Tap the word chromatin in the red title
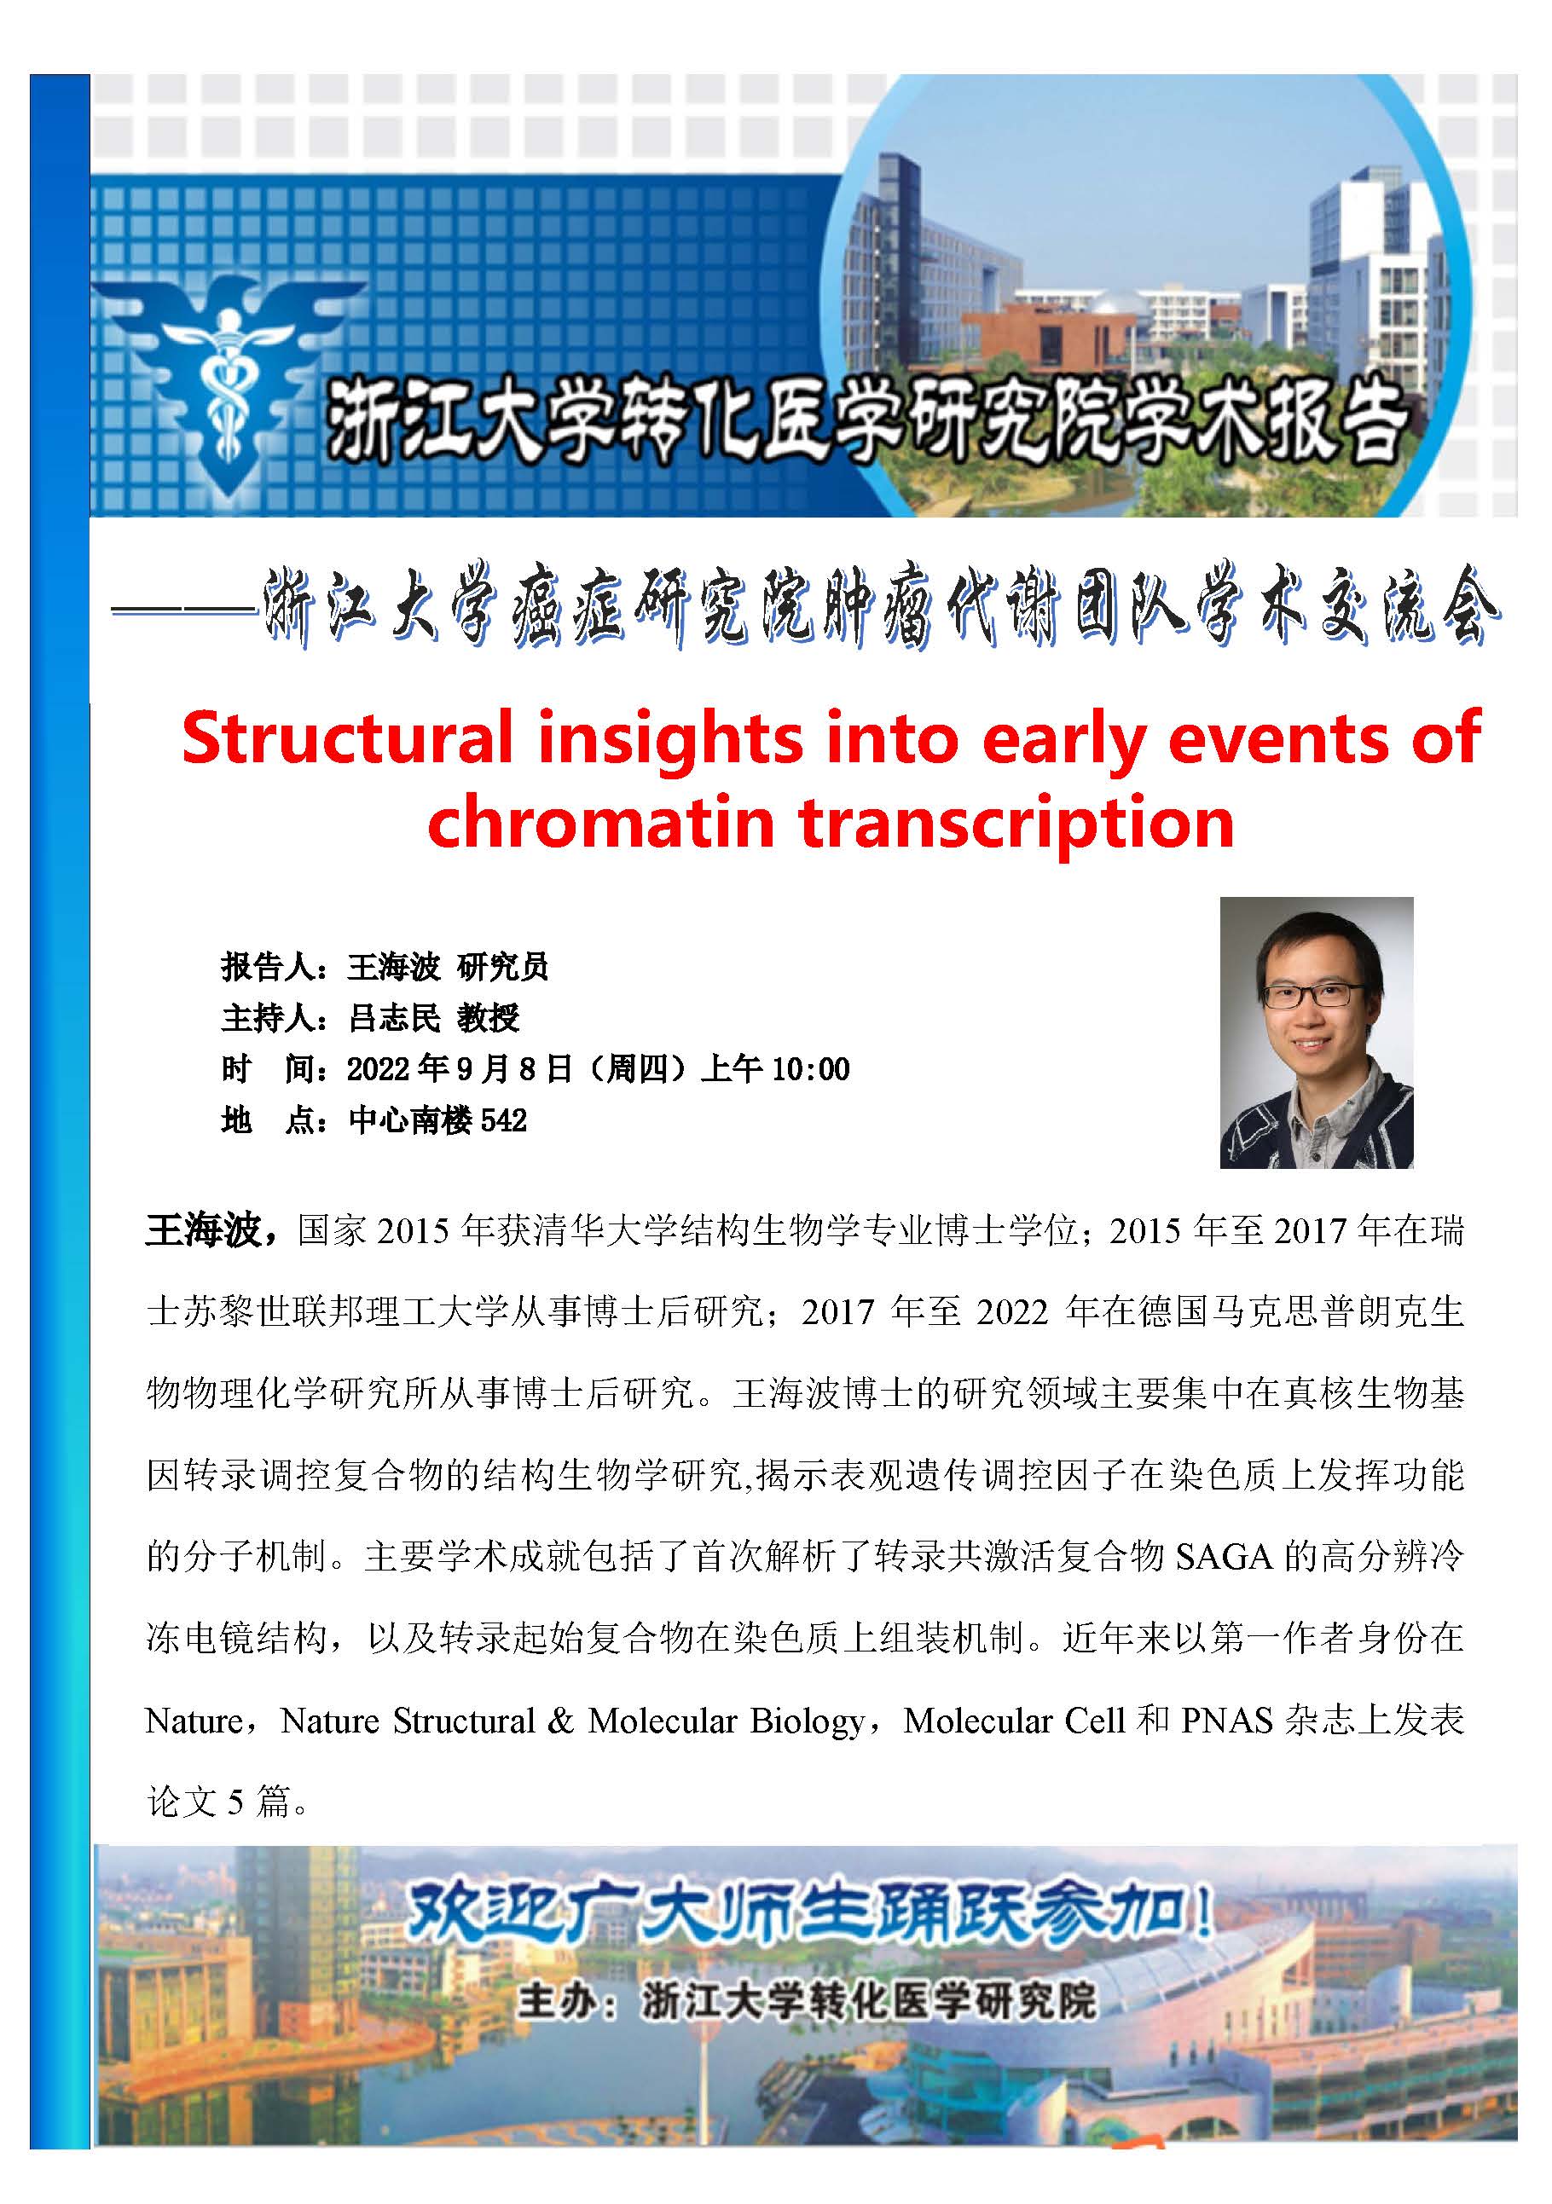pos(602,823)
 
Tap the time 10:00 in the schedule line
pos(811,1068)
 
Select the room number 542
pos(504,1120)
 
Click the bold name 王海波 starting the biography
pos(204,1229)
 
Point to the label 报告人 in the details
pos(267,967)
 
